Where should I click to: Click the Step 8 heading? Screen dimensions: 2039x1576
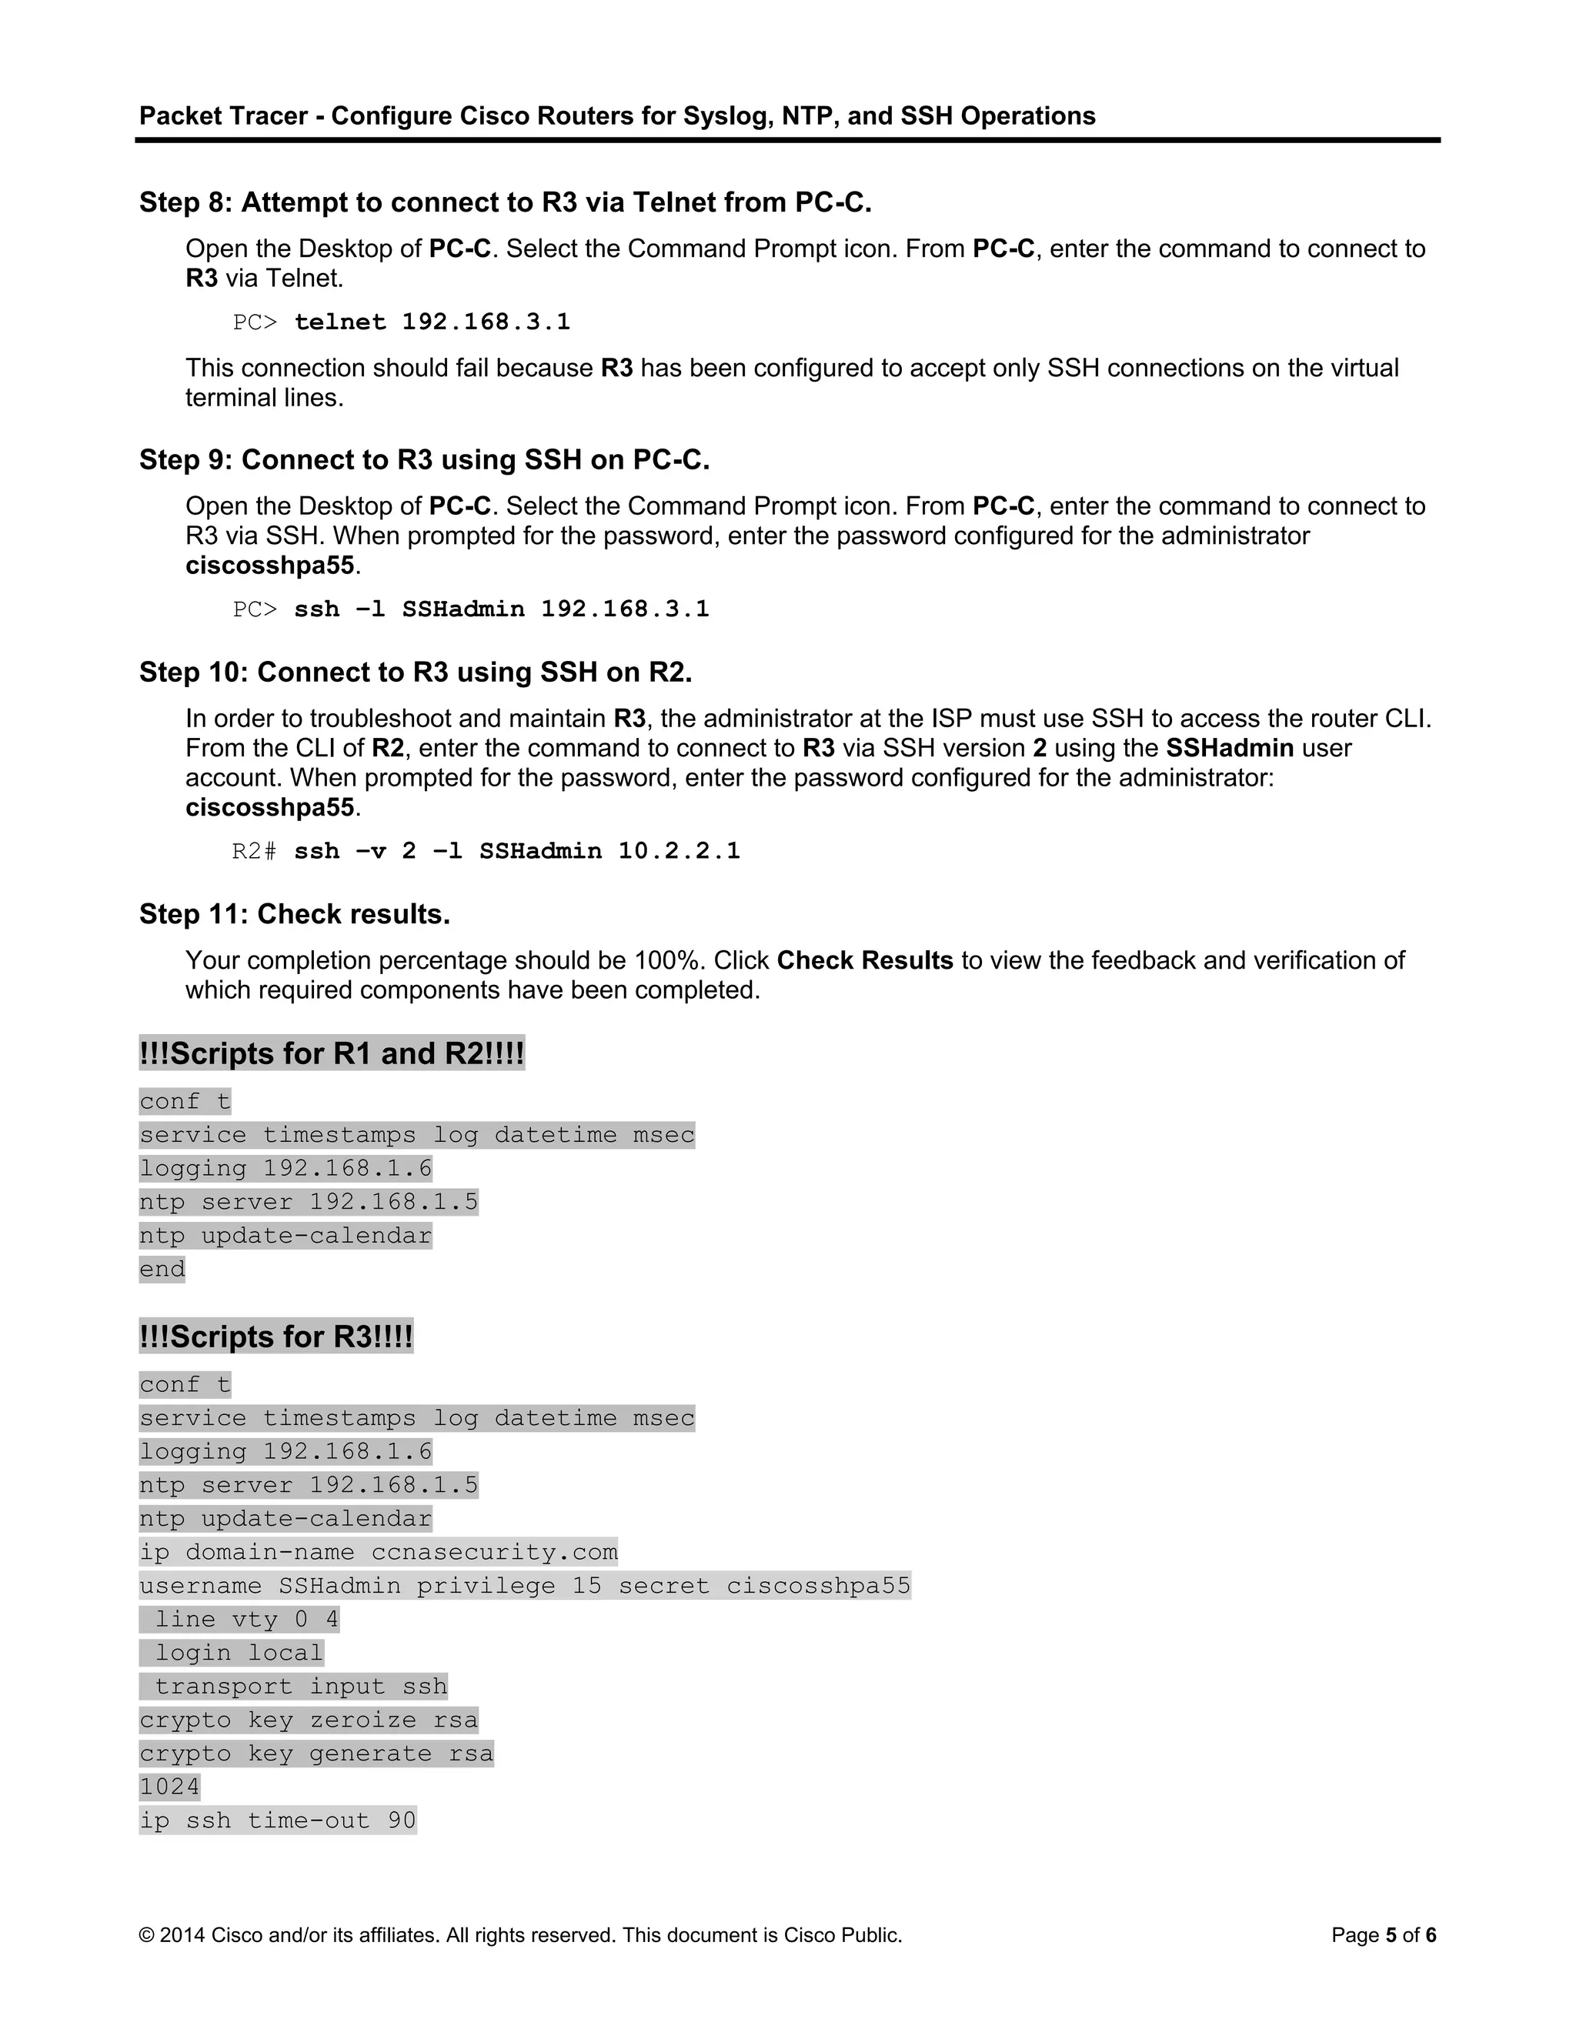click(x=505, y=202)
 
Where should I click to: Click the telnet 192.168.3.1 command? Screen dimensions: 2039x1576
click(x=432, y=322)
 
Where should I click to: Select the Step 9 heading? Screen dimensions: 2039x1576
click(x=424, y=460)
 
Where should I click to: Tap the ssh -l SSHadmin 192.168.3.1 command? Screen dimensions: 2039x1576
click(x=502, y=609)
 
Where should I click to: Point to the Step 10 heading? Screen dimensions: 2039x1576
click(x=416, y=672)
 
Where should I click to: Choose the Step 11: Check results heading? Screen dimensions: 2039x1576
click(x=294, y=914)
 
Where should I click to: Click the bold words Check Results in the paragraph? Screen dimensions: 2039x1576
click(x=864, y=961)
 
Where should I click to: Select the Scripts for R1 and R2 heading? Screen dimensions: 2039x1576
click(x=332, y=1053)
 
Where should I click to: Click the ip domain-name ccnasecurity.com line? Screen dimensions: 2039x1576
click(x=378, y=1553)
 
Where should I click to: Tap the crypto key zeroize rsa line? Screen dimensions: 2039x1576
click(x=308, y=1720)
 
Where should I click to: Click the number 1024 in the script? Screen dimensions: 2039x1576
click(x=169, y=1787)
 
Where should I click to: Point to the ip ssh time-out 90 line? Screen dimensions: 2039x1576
click(x=277, y=1820)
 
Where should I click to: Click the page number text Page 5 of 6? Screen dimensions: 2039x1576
click(x=1383, y=1935)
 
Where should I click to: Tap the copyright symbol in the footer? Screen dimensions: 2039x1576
click(x=146, y=1935)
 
